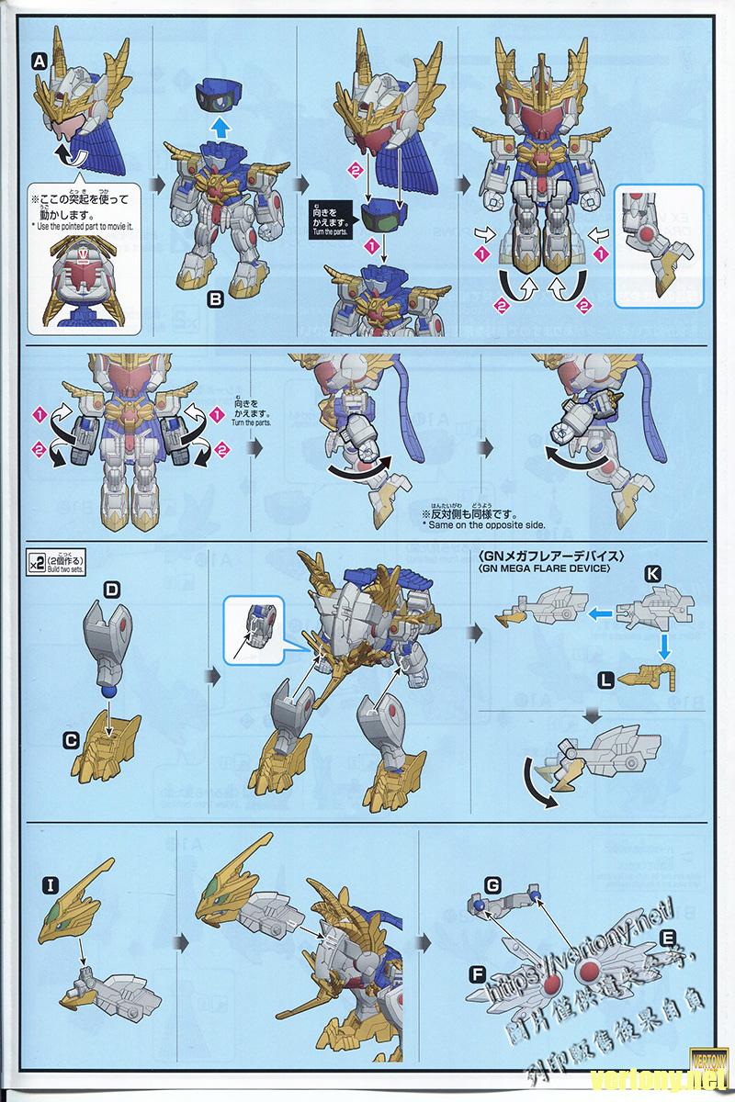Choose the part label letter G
click(x=492, y=884)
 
